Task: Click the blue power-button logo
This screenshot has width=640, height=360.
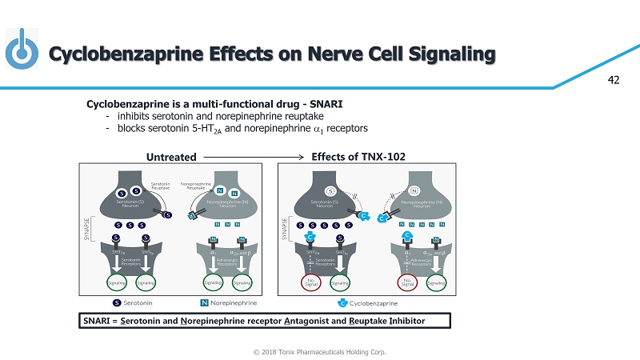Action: coord(22,50)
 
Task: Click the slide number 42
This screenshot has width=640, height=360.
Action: coord(615,80)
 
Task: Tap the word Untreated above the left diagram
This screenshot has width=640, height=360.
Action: coord(170,156)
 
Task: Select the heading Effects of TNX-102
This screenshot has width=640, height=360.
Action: coord(362,156)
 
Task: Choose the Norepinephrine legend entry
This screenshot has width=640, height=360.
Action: coord(233,303)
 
